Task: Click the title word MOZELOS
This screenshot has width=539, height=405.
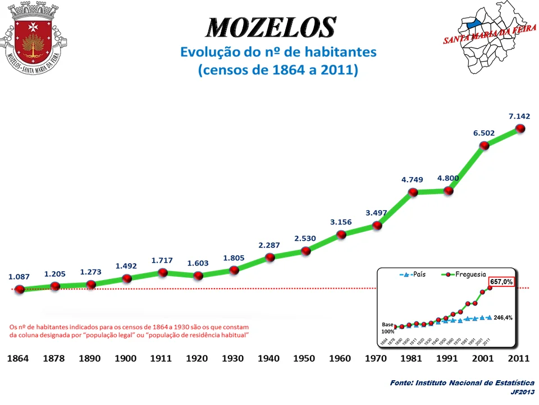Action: (x=271, y=26)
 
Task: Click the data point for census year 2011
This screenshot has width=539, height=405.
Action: (x=520, y=128)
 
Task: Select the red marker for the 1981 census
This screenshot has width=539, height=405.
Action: (x=413, y=192)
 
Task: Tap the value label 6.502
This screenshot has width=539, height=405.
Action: (x=484, y=133)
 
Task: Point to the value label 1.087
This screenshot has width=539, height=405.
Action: (x=19, y=277)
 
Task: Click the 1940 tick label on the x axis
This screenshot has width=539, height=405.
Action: (x=269, y=359)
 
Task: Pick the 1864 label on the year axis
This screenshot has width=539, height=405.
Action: (x=19, y=359)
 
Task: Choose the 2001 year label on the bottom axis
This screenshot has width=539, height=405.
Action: (x=484, y=359)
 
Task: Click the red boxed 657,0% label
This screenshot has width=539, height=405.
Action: (x=501, y=282)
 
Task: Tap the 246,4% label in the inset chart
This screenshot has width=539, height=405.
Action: (x=503, y=317)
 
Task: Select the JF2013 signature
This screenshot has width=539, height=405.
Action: (x=522, y=392)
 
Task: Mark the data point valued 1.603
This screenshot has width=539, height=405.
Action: (x=198, y=276)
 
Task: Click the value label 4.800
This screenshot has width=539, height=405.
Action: (x=449, y=178)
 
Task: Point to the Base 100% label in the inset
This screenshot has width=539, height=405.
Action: (x=387, y=328)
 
